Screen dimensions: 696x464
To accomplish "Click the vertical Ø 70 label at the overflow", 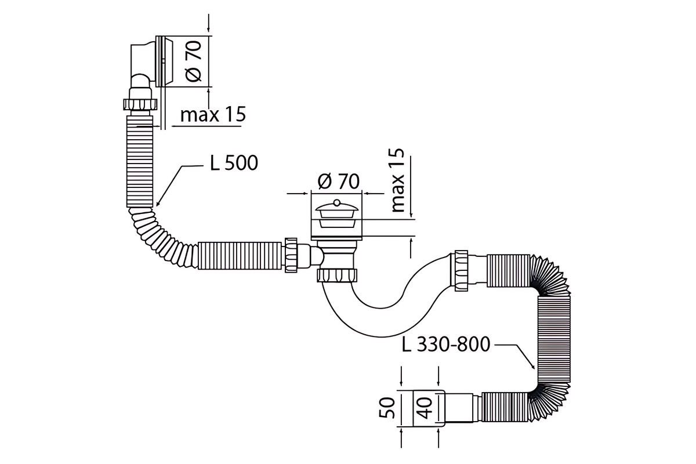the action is (193, 61).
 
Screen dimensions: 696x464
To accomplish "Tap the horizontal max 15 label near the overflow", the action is (213, 114).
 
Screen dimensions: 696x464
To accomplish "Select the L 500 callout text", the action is (234, 163).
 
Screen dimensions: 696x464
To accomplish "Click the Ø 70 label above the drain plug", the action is (339, 181).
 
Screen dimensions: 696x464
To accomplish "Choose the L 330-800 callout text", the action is (446, 344).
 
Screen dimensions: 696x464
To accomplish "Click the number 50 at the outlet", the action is (387, 408).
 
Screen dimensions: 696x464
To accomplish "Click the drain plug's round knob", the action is (336, 203).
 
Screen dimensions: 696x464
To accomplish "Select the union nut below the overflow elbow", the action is (140, 104).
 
